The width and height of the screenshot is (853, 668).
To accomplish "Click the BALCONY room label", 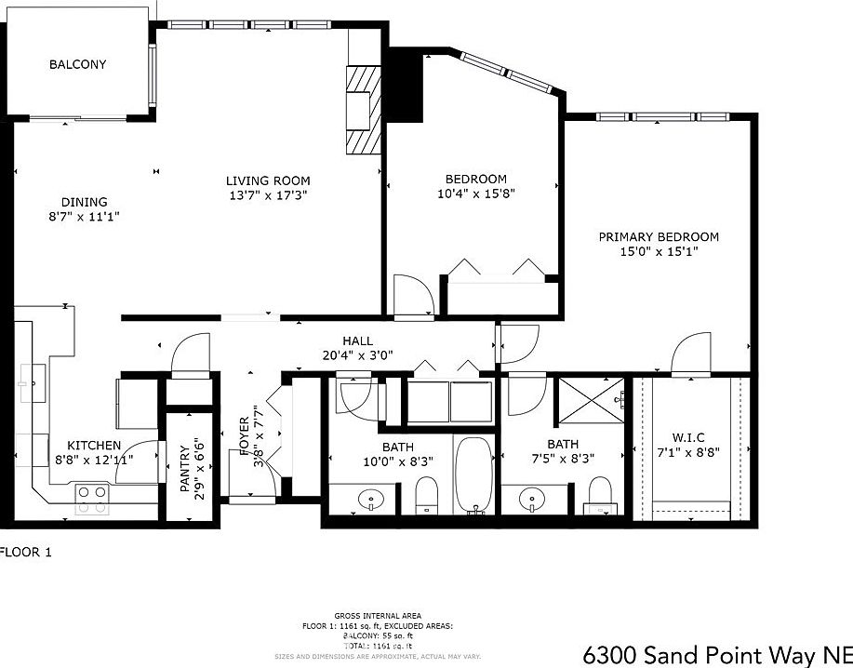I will coord(77,65).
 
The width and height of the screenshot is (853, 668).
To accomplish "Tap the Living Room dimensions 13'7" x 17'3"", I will coord(268,195).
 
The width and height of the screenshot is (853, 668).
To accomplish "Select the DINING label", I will coord(84,202).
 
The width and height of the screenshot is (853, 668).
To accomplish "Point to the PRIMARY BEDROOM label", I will coord(658,237).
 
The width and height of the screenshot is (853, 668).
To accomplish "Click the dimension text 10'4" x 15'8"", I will coord(475,194).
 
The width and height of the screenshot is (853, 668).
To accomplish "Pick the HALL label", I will coord(357,341).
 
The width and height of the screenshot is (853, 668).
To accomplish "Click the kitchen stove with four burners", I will coord(92,499).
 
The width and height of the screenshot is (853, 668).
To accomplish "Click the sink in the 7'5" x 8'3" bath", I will coord(532,498).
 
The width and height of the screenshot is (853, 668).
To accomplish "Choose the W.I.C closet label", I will coord(689,438).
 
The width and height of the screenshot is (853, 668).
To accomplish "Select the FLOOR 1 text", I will coord(25,552).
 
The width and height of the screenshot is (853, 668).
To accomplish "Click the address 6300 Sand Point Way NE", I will coord(716,655).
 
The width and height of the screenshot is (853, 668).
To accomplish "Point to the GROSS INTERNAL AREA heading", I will coord(378,616).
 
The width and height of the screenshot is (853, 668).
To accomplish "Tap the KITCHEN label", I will coord(93,446).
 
